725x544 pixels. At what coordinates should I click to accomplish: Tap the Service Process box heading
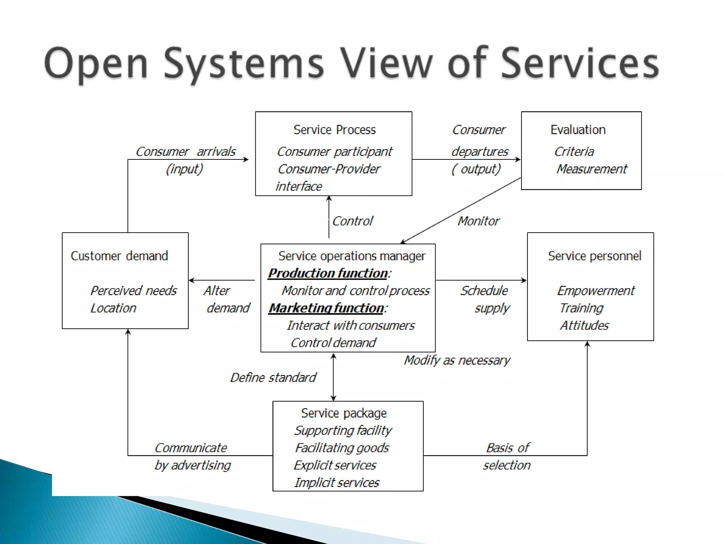coord(335,130)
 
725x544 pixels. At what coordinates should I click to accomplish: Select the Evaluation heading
coord(578,130)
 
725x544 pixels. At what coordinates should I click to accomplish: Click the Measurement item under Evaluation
coord(592,169)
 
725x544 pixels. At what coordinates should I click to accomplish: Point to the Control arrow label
coord(353,221)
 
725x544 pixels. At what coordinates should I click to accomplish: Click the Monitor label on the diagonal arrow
coord(478,221)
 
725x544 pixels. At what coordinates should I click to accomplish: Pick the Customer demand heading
coord(119,256)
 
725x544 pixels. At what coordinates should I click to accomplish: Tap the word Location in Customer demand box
coord(113,308)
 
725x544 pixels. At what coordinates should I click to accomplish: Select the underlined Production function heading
coord(328,273)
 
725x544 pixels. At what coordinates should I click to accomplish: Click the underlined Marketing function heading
coord(326,308)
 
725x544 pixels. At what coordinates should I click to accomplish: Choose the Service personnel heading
coord(594,256)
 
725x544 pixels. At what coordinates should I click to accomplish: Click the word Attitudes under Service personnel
coord(584,325)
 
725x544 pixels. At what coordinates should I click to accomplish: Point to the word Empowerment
coord(596,291)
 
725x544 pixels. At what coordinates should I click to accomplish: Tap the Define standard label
coord(273,378)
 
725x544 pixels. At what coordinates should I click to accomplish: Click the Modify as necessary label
coord(457,360)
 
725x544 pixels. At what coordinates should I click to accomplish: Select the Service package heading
coord(344,413)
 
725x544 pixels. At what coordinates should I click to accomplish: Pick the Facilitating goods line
coord(342,448)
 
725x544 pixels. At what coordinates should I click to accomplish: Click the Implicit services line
coord(337,483)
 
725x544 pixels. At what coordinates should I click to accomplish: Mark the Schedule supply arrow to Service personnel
coord(481,280)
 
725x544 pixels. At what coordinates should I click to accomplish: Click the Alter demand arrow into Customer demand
coord(222,280)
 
